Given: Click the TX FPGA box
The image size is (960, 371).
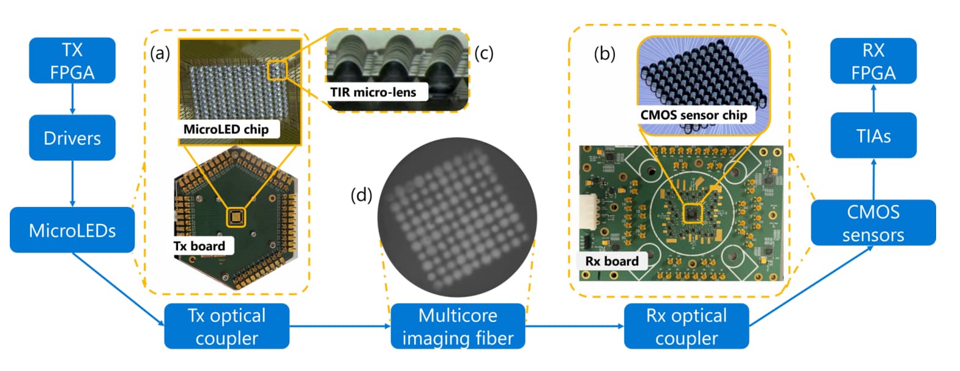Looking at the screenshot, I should [72, 61].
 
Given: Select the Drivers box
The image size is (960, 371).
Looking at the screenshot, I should [72, 138].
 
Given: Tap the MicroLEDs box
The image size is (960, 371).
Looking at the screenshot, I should [72, 230].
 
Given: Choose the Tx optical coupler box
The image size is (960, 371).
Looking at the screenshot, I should [226, 326].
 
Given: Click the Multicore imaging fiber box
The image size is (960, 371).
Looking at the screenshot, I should [458, 326].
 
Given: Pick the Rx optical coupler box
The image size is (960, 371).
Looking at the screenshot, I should [687, 326].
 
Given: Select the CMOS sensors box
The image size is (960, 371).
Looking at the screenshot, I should [873, 223].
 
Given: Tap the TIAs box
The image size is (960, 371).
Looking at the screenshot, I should [873, 135].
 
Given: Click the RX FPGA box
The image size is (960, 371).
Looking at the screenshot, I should [873, 61].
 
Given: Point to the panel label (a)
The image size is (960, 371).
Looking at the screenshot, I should [160, 54].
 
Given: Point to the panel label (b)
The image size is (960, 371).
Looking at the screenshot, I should [605, 54].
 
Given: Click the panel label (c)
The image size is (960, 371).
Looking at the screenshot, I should [483, 53].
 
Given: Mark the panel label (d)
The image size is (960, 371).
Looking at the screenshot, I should [361, 195].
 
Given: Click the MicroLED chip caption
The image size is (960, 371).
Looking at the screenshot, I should [226, 129].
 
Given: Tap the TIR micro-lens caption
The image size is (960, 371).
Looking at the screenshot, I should [373, 92].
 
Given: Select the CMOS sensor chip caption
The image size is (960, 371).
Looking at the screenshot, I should [693, 115].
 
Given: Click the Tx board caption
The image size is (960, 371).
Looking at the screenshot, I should [199, 246].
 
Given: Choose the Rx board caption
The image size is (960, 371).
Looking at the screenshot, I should [612, 261].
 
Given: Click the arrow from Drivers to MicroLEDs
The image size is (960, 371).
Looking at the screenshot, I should [72, 184].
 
